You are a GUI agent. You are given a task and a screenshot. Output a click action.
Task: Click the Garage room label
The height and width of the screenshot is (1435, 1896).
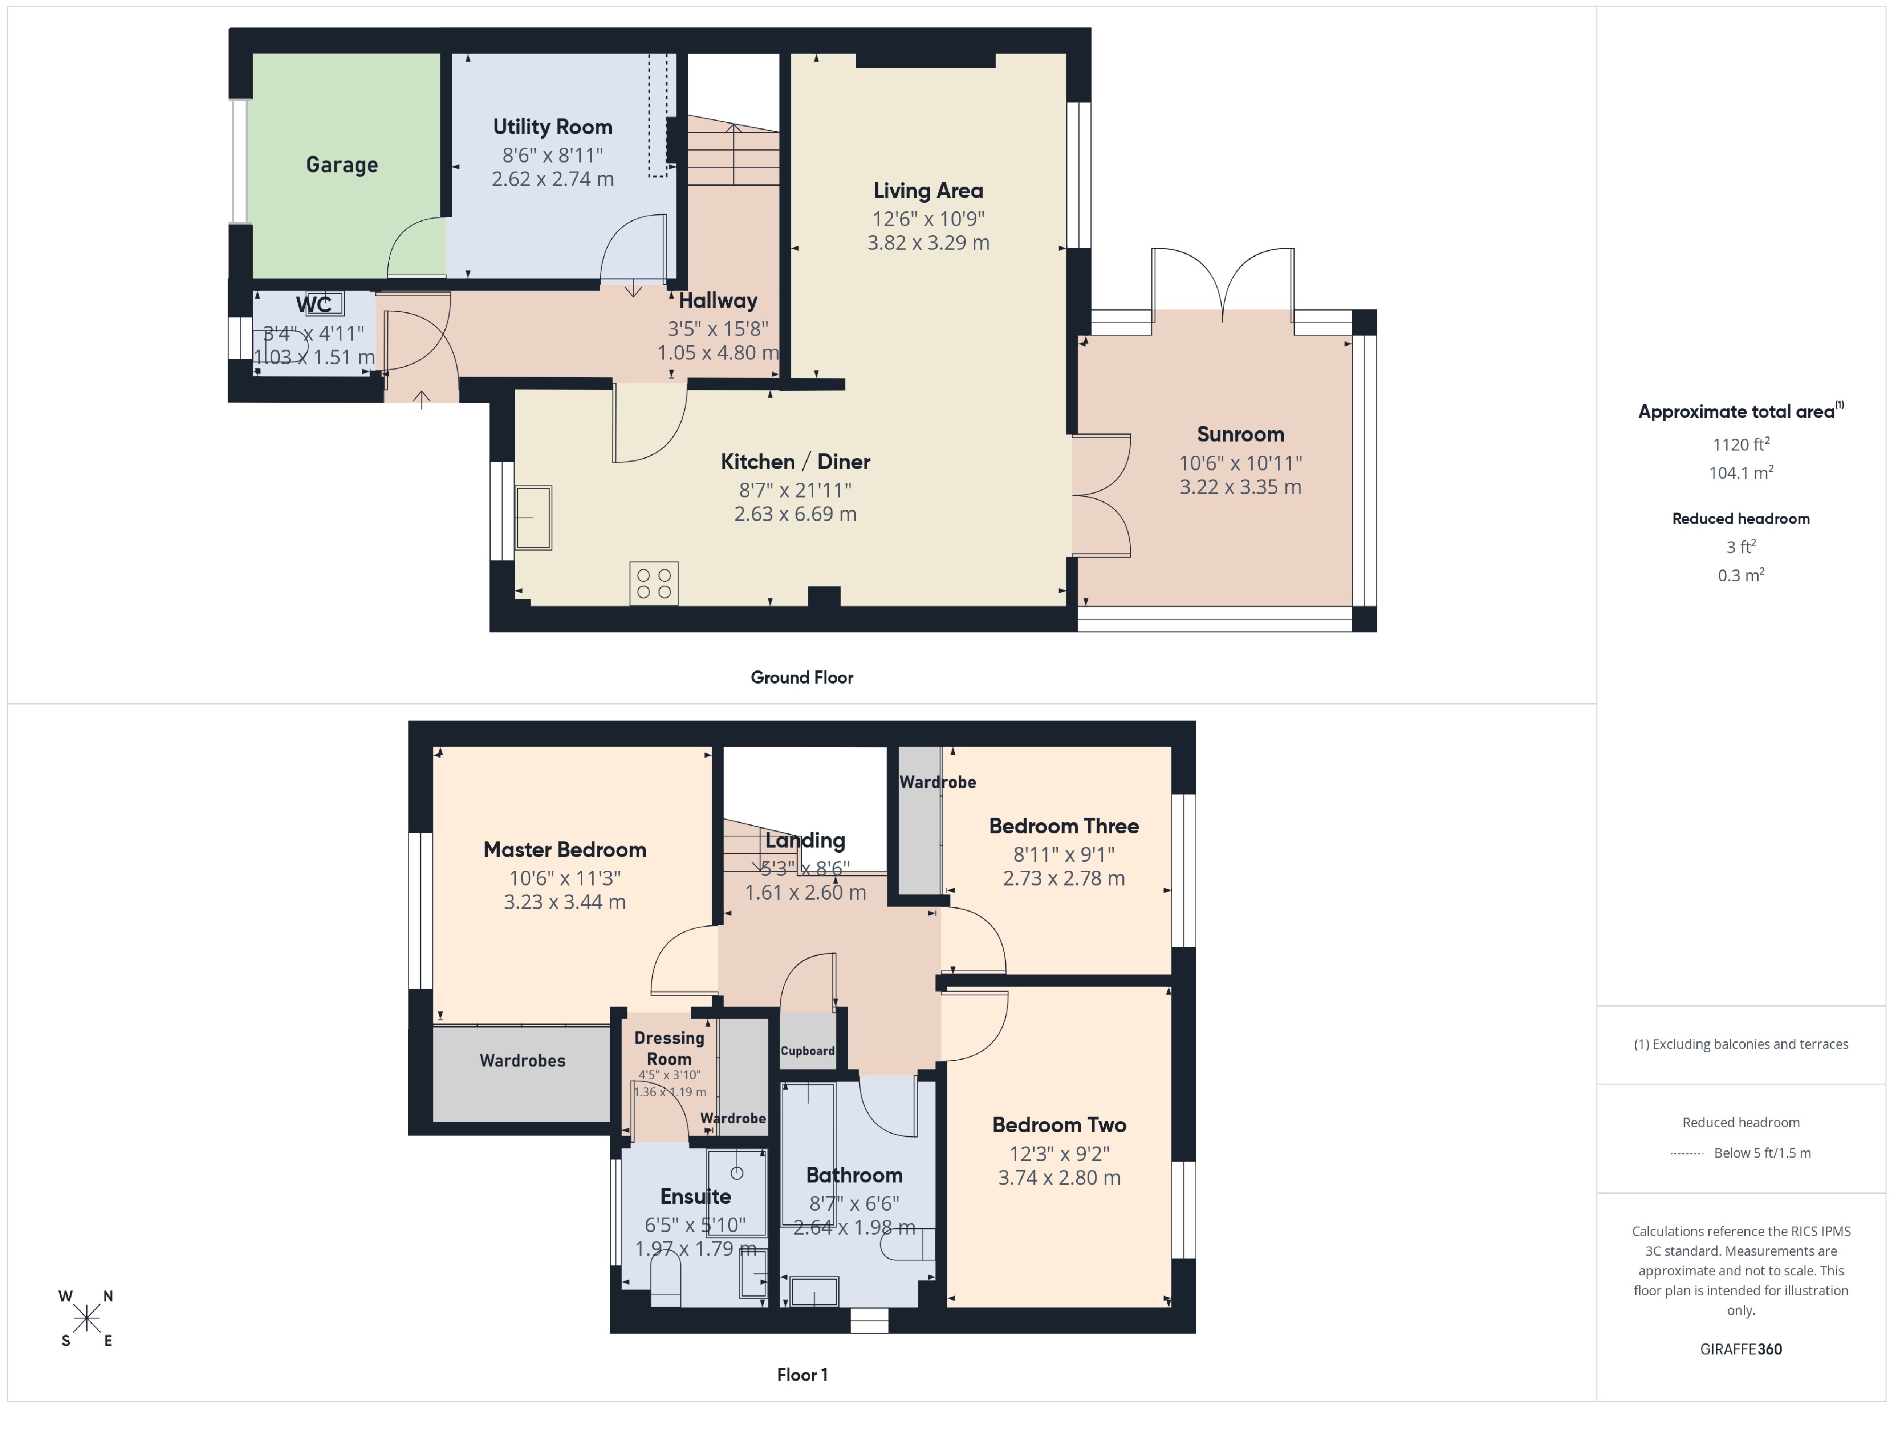(341, 164)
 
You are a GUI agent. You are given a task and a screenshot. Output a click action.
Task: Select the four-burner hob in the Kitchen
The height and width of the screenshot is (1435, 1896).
(654, 583)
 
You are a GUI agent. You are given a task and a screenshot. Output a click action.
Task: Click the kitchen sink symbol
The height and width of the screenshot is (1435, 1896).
(533, 517)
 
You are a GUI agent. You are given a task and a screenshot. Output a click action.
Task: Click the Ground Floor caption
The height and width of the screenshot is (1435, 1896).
(801, 677)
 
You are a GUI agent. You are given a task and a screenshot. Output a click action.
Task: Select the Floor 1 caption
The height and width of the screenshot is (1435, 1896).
(801, 1374)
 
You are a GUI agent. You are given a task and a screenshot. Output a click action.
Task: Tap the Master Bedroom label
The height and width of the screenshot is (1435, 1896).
(564, 850)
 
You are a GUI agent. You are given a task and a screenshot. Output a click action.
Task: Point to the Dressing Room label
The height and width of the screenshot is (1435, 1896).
(669, 1048)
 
